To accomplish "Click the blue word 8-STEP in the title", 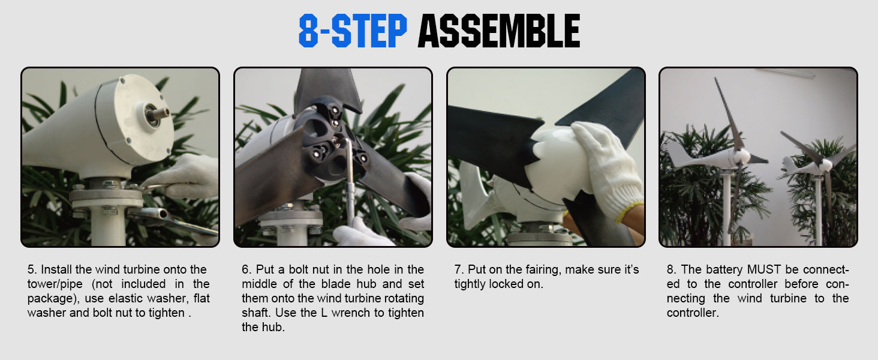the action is coord(353,31).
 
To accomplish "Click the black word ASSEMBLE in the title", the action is coord(499,31).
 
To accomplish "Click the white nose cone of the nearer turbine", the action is coord(741,157).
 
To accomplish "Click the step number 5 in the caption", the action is coord(32,270).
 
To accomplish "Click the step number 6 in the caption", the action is coord(246,270).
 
